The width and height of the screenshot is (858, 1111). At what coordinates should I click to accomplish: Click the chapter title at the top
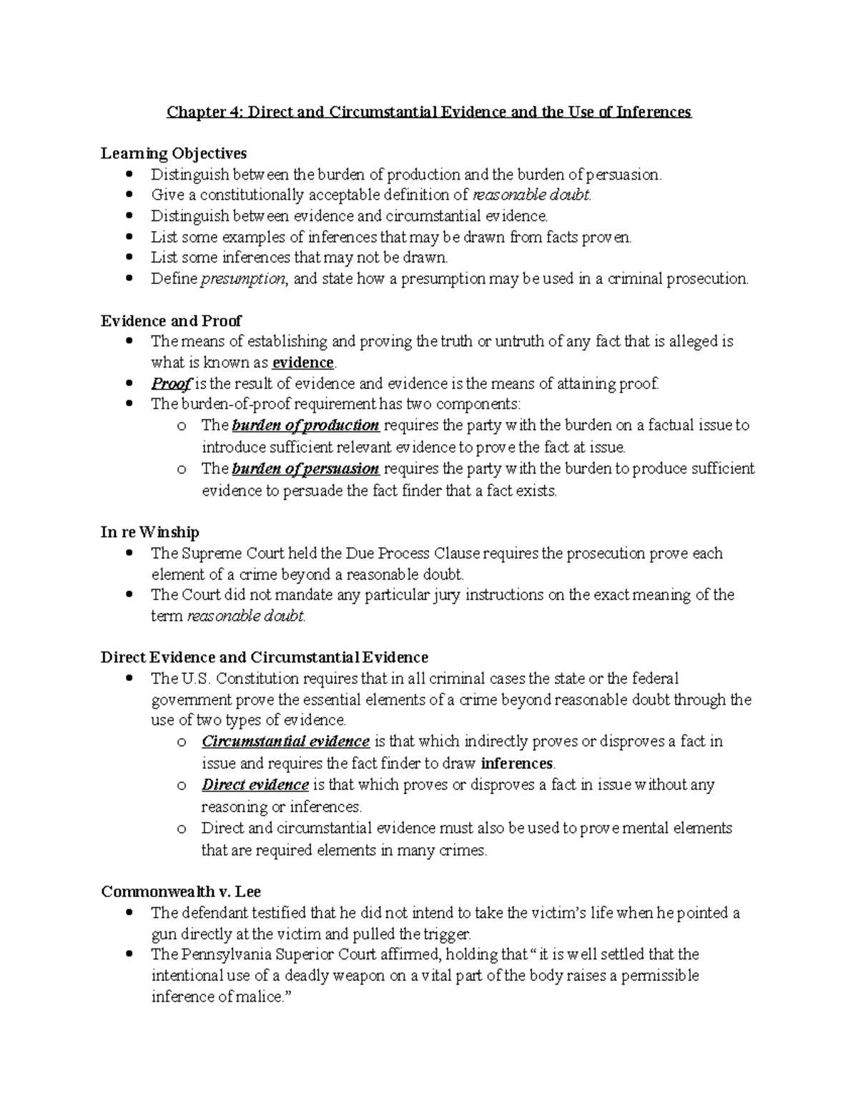click(x=429, y=112)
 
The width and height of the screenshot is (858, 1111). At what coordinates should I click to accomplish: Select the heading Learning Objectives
click(x=174, y=153)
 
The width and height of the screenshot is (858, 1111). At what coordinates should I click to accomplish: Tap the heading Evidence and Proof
click(x=171, y=320)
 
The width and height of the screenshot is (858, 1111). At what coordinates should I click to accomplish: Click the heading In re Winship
click(x=150, y=532)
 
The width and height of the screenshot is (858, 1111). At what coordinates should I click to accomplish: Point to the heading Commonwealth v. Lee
click(x=181, y=891)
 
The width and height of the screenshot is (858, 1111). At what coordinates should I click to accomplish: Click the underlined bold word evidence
click(x=303, y=363)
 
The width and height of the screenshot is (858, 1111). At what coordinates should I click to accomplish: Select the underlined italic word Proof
click(x=170, y=383)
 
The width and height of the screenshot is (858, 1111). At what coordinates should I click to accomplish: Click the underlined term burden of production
click(x=305, y=426)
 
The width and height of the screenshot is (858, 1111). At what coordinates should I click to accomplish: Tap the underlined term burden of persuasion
click(x=305, y=469)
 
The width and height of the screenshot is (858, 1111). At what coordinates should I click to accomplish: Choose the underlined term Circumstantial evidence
click(x=285, y=741)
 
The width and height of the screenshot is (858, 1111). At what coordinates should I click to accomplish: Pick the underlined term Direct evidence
click(x=255, y=785)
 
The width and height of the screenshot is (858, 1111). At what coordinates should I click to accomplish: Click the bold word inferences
click(x=517, y=763)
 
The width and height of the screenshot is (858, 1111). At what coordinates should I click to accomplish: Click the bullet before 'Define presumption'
click(x=129, y=279)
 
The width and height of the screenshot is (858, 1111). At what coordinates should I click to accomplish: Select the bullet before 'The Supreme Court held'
click(x=129, y=553)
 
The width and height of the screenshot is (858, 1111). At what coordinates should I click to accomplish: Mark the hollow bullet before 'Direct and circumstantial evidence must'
click(x=182, y=828)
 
